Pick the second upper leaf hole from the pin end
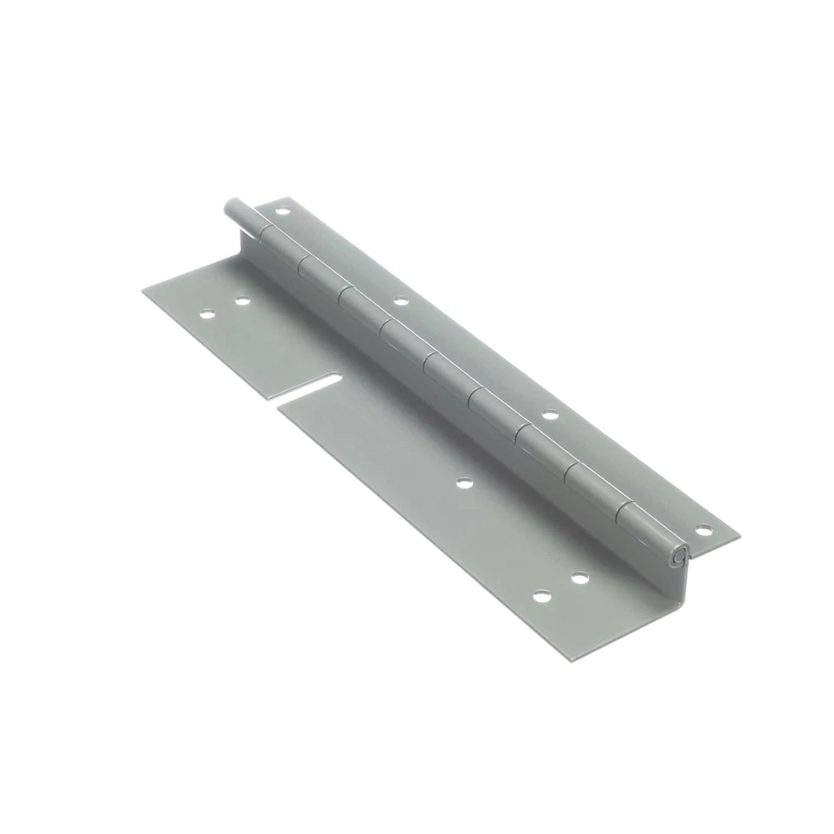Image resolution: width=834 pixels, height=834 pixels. (x=400, y=301)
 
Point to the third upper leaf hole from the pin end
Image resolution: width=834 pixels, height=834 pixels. (x=549, y=414)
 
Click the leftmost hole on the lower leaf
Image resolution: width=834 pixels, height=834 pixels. (x=207, y=314)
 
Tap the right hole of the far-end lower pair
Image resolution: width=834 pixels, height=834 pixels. (x=242, y=301)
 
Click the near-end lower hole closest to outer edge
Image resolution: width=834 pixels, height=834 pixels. (x=542, y=597)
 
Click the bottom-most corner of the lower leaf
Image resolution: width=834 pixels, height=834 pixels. (x=572, y=661)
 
